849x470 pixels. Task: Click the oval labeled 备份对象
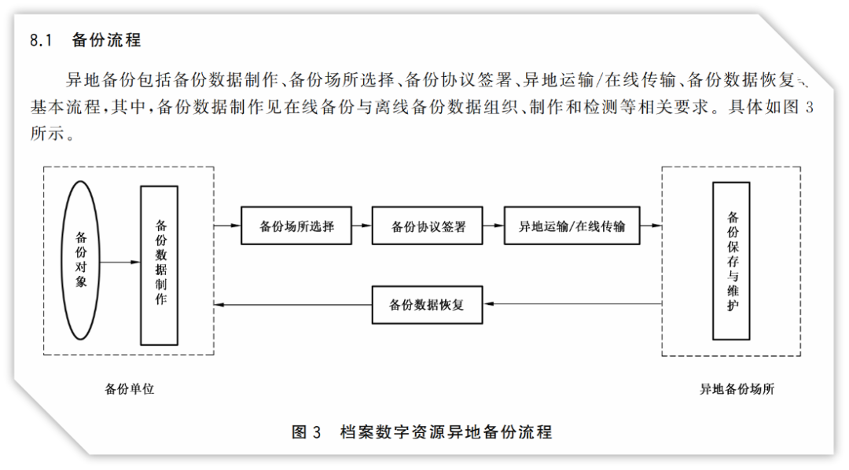tap(80, 260)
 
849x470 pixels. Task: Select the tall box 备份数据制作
tap(160, 265)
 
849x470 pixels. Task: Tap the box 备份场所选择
tap(296, 226)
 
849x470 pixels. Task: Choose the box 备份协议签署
tap(428, 226)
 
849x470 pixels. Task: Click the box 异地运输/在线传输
tap(572, 226)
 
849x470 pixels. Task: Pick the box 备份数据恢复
tap(427, 304)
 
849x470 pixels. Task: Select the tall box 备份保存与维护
tap(731, 261)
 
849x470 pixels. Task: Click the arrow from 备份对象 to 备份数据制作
tap(119, 261)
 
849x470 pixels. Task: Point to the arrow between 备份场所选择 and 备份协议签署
tap(362, 226)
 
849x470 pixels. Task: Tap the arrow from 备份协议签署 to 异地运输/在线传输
tap(493, 226)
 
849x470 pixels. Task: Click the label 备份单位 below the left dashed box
tap(130, 388)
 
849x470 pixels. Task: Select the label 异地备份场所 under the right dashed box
tap(737, 388)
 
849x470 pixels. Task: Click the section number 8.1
tap(40, 40)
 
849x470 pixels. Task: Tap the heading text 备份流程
tap(106, 40)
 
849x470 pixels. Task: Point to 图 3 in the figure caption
tap(307, 431)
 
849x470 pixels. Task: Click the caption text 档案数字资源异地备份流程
tap(446, 431)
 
